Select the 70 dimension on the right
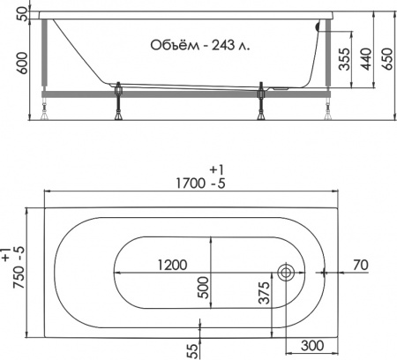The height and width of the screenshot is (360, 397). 360,264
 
